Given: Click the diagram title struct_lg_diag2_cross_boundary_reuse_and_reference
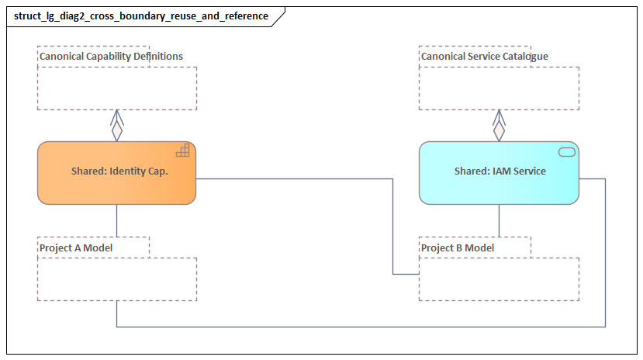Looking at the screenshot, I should pos(141,16).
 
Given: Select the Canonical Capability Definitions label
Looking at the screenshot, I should pos(111,57).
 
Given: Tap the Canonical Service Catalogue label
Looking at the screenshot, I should pos(484,57).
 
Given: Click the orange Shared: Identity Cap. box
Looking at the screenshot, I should pos(116,172).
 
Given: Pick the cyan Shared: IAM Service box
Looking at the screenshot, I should pos(499,172).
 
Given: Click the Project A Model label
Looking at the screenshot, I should pos(76,247).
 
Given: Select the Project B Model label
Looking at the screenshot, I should pos(458,247).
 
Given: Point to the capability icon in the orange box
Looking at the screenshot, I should pos(183,151).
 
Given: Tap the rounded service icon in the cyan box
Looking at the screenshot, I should pos(566,151).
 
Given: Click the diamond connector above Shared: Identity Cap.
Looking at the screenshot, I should pos(117,130).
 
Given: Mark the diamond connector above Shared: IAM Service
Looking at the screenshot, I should pos(499,130).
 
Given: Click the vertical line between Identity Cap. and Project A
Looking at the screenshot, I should pos(117,220).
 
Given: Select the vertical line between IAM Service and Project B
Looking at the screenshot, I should pos(499,220).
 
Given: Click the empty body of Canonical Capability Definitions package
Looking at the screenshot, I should pos(116,88).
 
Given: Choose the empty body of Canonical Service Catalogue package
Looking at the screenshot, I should pos(499,88).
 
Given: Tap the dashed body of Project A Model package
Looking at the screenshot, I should pos(116,279).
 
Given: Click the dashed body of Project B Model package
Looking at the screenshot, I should pos(499,279).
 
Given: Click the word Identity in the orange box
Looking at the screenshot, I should pos(127,171).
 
